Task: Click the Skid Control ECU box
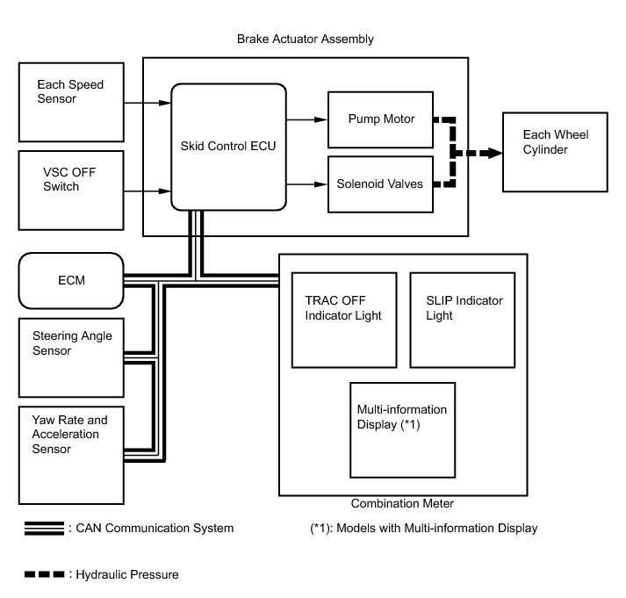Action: pos(228,146)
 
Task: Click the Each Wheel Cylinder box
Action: pos(554,152)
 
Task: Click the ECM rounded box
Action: pos(70,280)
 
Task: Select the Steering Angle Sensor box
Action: pos(70,357)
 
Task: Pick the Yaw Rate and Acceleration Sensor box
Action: pos(70,443)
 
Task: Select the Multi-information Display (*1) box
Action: pos(402,428)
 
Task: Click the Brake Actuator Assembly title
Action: pos(306,40)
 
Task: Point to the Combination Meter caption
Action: pos(401,504)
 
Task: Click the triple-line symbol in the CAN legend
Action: pos(45,529)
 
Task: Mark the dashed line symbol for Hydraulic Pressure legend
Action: pos(45,575)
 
